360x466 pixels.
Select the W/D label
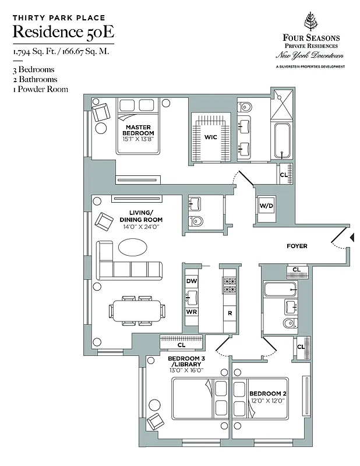click(x=266, y=206)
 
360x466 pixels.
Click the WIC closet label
click(x=210, y=137)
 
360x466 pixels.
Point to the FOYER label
click(x=297, y=246)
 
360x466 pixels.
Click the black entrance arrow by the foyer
click(x=351, y=236)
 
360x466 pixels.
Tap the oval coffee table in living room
click(x=133, y=247)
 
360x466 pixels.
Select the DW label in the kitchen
click(x=191, y=281)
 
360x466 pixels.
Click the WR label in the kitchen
click(x=191, y=312)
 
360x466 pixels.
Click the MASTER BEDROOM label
click(x=137, y=130)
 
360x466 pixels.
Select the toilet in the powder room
click(x=196, y=220)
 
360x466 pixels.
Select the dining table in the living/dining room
click(x=137, y=310)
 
